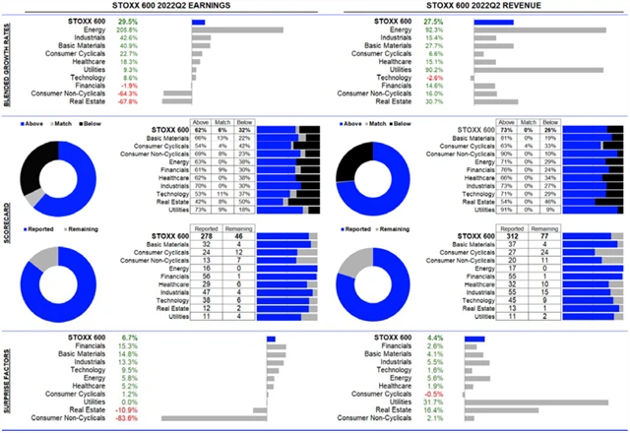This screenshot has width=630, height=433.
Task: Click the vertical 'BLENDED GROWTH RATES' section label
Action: click(7, 64)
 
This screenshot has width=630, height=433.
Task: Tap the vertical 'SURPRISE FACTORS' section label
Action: click(7, 378)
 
